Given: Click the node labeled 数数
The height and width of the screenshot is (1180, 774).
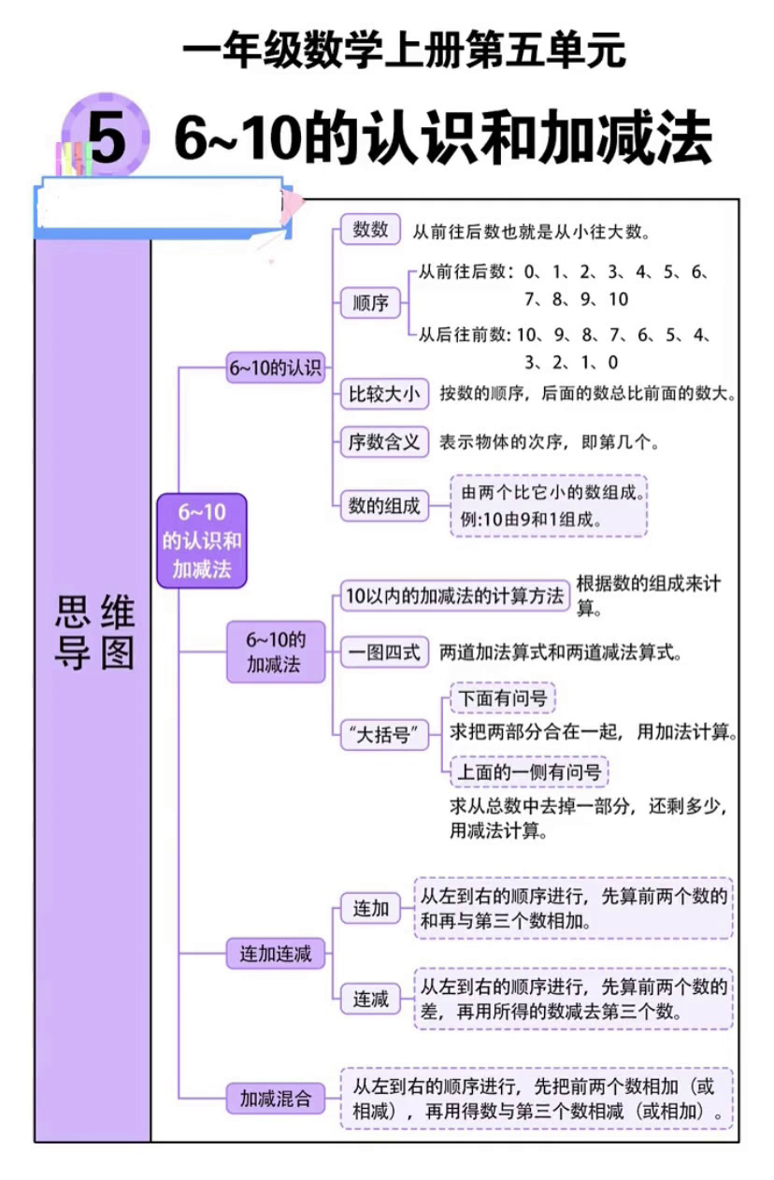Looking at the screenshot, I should (370, 229).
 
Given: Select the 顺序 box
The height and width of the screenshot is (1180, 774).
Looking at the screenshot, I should (370, 304).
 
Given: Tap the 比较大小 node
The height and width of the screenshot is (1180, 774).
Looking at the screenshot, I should (383, 394).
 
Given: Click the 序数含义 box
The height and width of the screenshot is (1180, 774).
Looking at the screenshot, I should (383, 442).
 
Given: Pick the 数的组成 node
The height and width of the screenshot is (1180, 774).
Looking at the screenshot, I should (383, 506).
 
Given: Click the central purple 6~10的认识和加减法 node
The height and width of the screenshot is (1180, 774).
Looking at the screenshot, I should (201, 540).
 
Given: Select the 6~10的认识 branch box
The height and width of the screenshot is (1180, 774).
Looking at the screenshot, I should (275, 368).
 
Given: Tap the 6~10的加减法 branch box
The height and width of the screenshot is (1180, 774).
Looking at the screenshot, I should (276, 652).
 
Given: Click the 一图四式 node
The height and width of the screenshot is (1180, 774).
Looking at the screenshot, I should (383, 652).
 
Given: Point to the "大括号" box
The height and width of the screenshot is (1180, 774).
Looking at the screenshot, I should (383, 735).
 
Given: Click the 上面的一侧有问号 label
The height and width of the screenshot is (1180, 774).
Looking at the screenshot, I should (528, 772).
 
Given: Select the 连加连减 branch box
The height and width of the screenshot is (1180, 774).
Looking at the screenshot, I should (275, 955).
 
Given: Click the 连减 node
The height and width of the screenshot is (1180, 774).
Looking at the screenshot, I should (370, 999).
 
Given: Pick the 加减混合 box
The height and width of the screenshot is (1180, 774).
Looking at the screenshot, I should (276, 1099).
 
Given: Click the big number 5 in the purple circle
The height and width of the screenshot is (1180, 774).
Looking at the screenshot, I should (107, 138).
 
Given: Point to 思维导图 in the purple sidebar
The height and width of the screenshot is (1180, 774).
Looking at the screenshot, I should (93, 633).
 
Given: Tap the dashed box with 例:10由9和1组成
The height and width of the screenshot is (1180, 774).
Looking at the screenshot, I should (548, 506).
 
